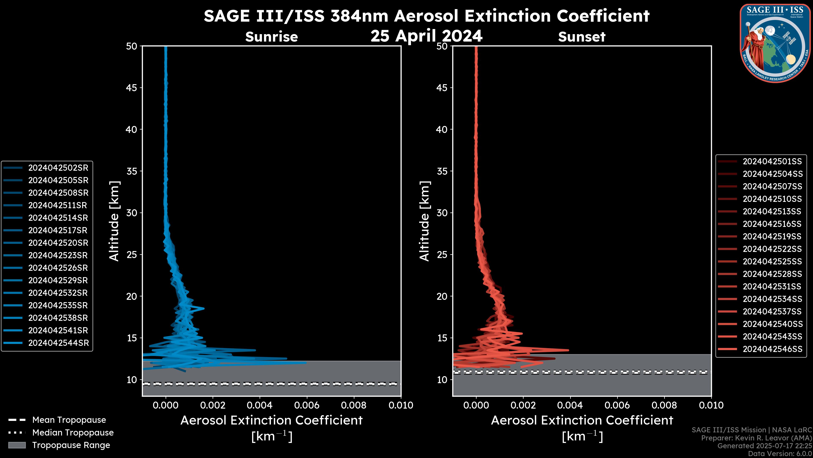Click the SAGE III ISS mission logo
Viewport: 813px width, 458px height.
[775, 43]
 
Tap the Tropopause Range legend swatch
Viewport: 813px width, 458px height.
[17, 445]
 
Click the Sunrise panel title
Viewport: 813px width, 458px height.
[271, 37]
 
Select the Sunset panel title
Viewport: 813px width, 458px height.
[582, 37]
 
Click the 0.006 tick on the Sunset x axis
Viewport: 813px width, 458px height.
[617, 405]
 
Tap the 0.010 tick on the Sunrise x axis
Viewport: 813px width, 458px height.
[401, 405]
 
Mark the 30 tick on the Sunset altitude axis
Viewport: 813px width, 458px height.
[442, 213]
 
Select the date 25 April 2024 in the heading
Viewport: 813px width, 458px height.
[426, 36]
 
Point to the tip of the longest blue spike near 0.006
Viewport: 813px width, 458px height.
[306, 363]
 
